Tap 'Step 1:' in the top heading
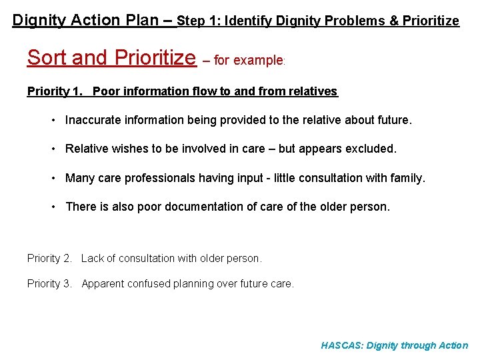click(199, 21)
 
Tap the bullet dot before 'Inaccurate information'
click(53, 121)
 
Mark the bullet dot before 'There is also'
click(53, 207)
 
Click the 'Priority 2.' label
click(49, 258)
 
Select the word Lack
click(93, 258)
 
